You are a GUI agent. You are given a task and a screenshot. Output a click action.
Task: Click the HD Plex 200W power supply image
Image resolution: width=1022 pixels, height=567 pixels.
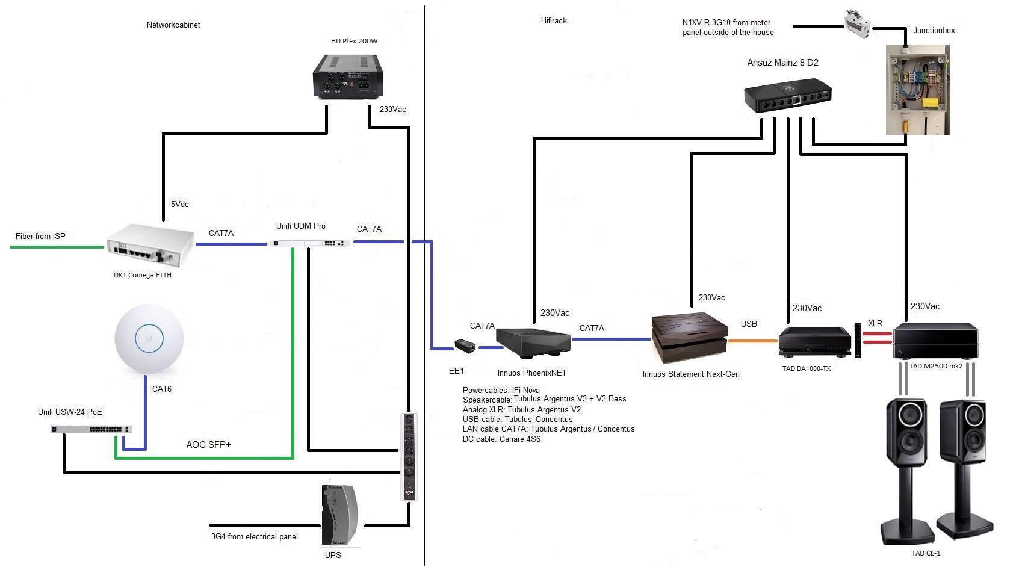(348, 76)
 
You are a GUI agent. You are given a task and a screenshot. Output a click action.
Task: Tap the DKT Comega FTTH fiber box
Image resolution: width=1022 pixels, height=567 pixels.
(150, 245)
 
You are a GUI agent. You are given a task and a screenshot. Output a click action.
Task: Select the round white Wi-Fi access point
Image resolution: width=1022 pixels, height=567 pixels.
(149, 339)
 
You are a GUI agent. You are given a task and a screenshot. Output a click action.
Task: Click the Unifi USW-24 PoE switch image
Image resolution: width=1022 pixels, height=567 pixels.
(91, 429)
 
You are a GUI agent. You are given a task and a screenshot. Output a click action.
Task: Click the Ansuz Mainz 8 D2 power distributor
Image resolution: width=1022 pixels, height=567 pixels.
(787, 96)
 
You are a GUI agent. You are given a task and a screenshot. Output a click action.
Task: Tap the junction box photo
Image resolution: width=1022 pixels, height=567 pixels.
(917, 89)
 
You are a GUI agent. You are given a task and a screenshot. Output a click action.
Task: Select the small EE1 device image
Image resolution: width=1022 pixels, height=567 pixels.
(465, 345)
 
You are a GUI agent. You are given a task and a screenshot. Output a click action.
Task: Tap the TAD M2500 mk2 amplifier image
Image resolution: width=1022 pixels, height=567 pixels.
(935, 341)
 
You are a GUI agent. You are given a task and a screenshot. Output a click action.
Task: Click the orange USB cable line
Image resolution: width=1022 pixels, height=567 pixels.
(752, 341)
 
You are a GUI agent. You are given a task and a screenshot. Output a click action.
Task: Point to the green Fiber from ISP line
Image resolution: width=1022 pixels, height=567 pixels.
(57, 247)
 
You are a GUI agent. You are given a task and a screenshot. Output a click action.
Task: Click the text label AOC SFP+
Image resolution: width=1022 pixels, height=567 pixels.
(208, 445)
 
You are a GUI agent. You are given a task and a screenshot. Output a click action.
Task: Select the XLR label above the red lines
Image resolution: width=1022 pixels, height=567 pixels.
(875, 324)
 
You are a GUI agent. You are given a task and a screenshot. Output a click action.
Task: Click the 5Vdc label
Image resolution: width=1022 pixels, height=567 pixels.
(179, 205)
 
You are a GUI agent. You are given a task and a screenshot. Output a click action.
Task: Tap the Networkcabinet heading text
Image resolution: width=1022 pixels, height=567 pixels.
(173, 25)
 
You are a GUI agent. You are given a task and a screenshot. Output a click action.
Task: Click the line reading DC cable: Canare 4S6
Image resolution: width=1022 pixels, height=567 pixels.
(501, 439)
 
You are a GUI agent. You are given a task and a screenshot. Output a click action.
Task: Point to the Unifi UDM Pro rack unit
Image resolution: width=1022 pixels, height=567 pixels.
(309, 243)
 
